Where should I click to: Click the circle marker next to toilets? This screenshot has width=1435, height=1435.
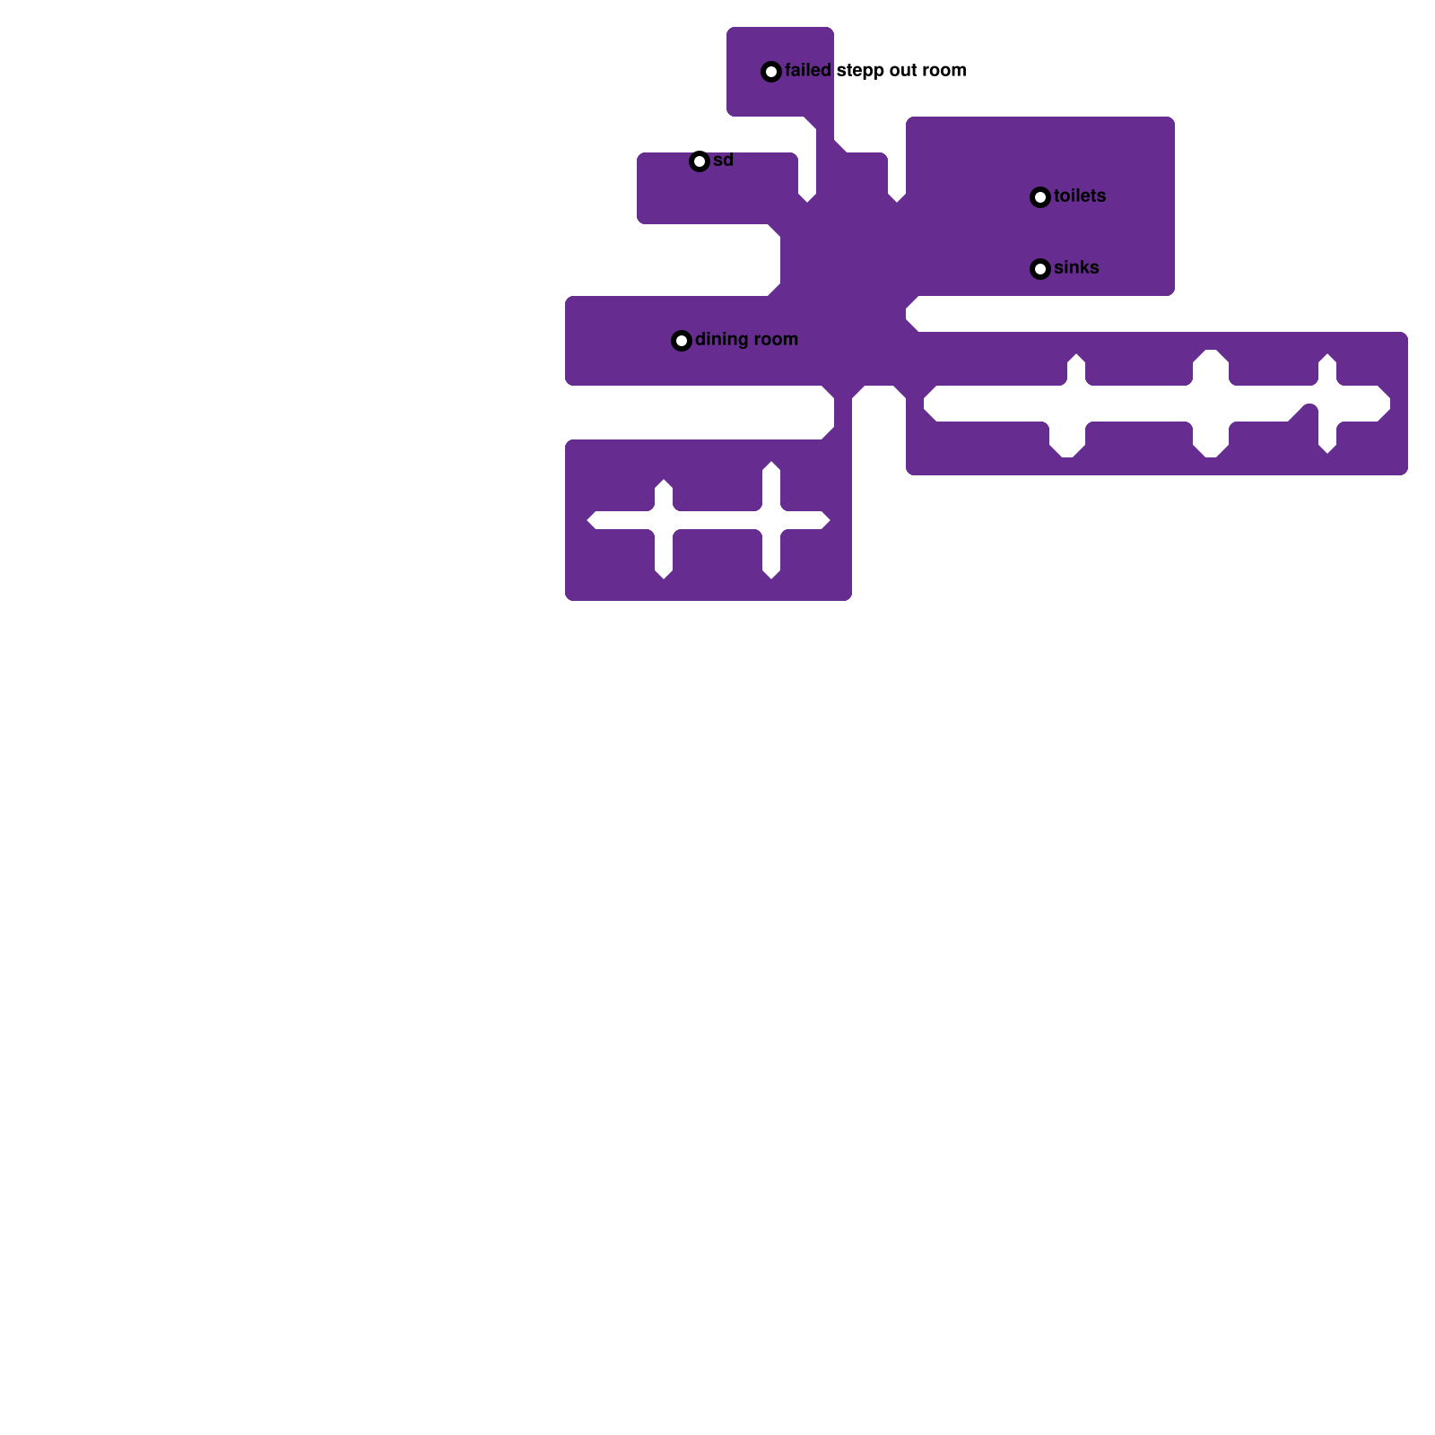point(1040,197)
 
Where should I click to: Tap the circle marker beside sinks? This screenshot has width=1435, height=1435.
point(1040,269)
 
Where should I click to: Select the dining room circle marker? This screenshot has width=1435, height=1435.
point(682,341)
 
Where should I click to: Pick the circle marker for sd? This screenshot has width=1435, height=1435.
point(700,161)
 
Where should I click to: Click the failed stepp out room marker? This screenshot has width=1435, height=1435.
point(771,72)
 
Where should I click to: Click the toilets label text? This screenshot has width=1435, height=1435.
point(1080,196)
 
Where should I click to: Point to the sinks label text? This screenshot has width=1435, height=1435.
point(1076,268)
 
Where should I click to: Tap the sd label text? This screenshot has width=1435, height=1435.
point(723,161)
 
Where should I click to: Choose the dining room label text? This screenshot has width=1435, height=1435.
point(746,340)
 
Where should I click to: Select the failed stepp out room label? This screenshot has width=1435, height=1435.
point(875,71)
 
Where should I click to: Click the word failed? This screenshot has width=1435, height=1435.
point(808,71)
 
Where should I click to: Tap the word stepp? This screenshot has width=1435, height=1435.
point(860,72)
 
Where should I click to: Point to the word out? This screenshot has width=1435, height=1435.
point(903,71)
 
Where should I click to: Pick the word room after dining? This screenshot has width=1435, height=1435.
point(777,340)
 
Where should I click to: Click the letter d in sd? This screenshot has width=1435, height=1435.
point(728,161)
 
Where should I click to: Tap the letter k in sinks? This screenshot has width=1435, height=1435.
point(1084,268)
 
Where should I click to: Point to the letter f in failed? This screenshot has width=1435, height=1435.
point(788,71)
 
